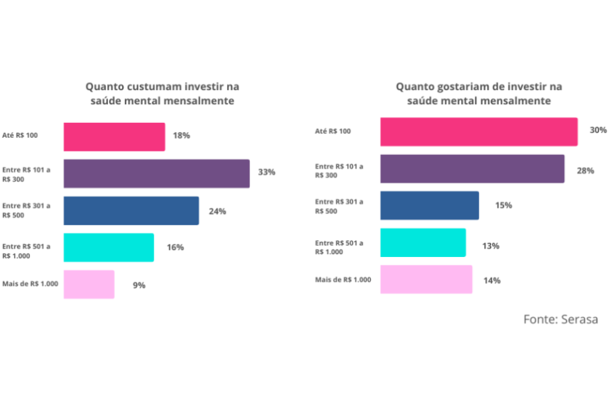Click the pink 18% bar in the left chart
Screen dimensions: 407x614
pos(114,136)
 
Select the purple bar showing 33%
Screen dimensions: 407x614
pos(156,174)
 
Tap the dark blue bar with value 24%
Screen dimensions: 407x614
pos(131,211)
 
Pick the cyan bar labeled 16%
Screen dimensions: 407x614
pos(109,247)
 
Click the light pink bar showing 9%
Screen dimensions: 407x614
pos(89,284)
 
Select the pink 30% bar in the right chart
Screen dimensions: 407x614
pos(478,131)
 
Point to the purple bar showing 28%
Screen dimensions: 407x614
pos(472,169)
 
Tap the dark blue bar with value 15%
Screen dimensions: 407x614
pos(429,206)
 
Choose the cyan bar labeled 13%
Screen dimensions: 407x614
pos(423,243)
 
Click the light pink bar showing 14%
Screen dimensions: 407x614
pos(426,279)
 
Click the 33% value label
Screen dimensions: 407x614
pos(266,173)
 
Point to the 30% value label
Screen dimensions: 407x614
pos(598,130)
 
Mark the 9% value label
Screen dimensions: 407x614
pos(139,285)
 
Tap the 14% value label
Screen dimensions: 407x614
pos(491,281)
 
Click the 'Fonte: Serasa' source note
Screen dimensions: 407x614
pos(560,319)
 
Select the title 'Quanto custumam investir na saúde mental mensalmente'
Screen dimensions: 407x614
pos(162,94)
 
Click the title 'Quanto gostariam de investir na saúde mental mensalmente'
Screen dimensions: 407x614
pos(479,94)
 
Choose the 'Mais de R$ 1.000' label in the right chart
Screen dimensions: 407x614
pos(343,279)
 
